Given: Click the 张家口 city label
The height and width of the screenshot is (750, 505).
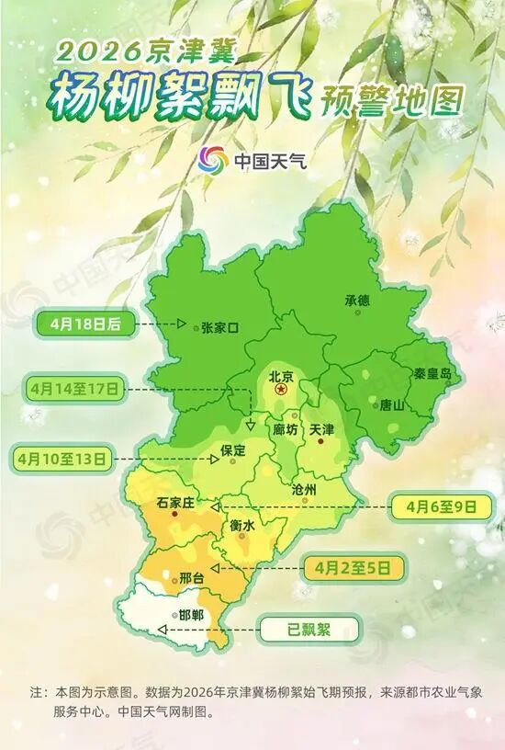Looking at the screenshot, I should coord(219,327).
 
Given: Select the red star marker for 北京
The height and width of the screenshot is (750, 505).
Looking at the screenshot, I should coord(281,391).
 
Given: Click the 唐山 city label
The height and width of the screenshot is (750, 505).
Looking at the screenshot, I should coord(391,404).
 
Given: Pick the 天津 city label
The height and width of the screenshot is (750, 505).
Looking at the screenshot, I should coord(322,429).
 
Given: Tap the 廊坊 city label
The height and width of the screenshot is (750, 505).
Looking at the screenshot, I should coord(286,430).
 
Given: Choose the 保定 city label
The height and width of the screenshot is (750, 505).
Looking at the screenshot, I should coord(234,450).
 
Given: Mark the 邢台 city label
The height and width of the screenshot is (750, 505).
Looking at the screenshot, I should coord(190,578).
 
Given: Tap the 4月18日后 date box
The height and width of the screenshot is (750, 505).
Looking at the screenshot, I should coord(88,324).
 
